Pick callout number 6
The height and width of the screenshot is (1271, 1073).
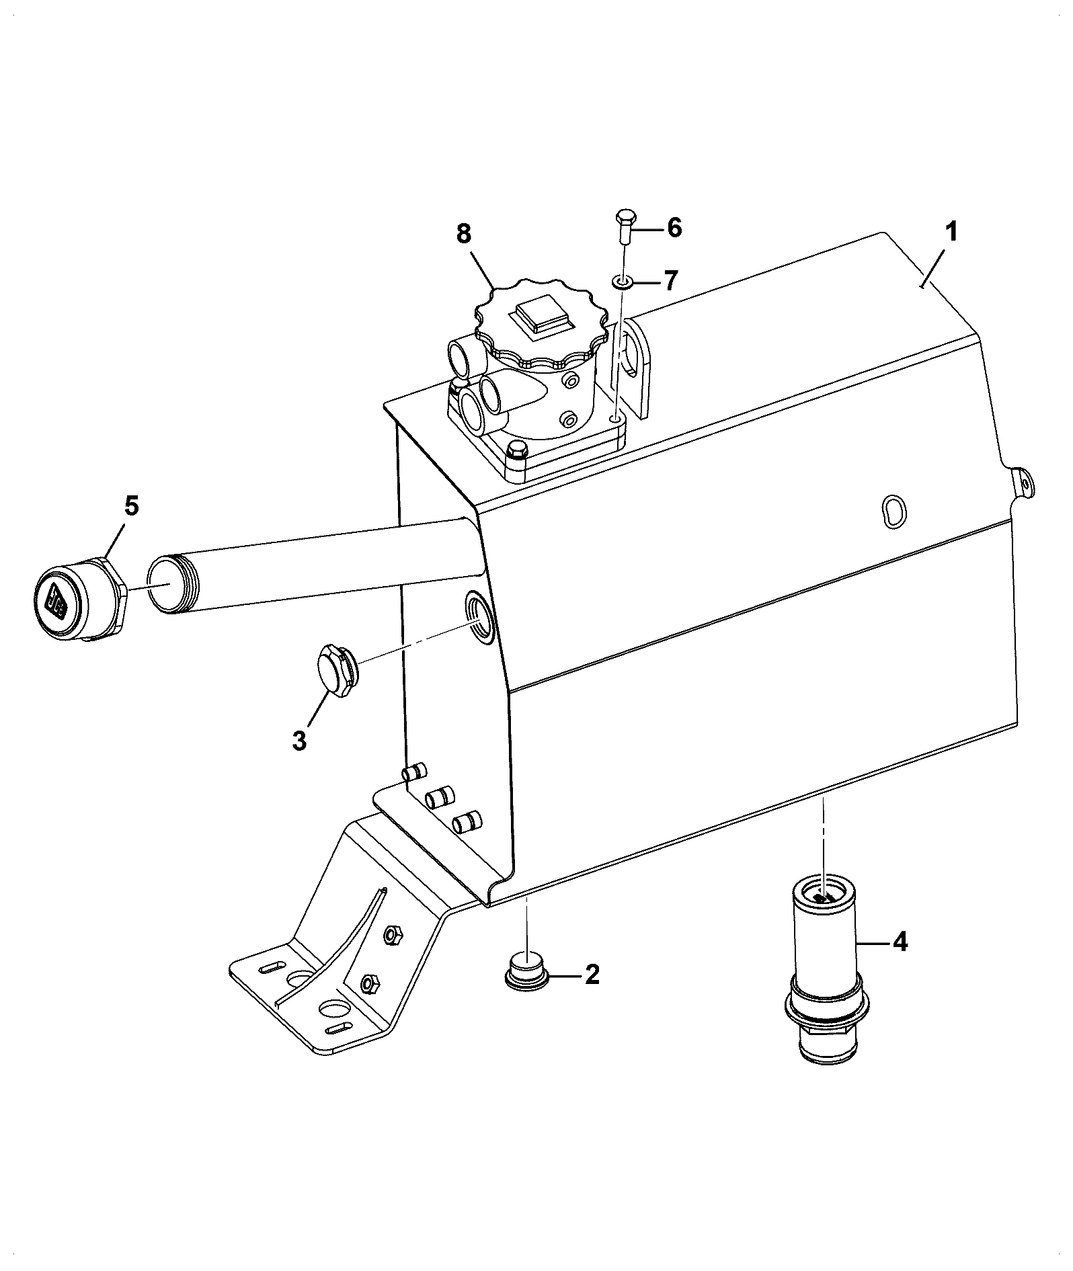[x=674, y=227]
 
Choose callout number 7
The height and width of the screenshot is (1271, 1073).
[x=670, y=280]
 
